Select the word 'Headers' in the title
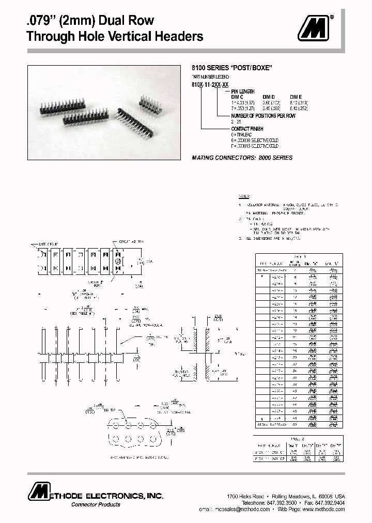click(x=175, y=37)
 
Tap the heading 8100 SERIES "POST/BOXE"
click(x=232, y=68)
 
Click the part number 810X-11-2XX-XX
click(x=210, y=84)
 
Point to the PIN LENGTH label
click(x=243, y=91)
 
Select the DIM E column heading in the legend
click(x=296, y=97)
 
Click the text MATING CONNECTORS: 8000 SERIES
click(x=242, y=158)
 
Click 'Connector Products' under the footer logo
click(x=96, y=504)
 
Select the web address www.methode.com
click(x=323, y=509)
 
